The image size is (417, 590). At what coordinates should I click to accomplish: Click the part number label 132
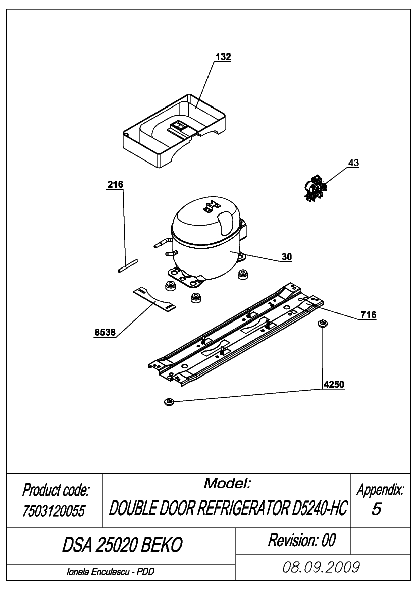tap(223, 57)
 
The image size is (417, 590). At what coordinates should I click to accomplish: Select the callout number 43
tap(353, 163)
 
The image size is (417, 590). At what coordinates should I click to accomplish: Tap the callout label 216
tap(115, 184)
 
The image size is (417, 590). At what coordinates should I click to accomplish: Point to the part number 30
tap(286, 257)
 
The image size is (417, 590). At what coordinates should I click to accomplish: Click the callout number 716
tap(368, 315)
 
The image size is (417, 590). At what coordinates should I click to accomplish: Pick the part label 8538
tap(105, 332)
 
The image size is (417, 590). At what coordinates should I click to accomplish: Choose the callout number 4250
tap(334, 384)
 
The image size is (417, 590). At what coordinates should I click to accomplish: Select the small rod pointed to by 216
tap(128, 265)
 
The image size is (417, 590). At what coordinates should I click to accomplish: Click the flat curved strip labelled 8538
tap(154, 299)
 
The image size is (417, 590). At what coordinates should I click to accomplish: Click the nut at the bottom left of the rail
tap(169, 401)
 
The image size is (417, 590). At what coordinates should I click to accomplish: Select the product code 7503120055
tap(54, 511)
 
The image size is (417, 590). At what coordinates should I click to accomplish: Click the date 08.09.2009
tap(321, 567)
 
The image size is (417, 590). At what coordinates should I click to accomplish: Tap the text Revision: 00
tap(301, 541)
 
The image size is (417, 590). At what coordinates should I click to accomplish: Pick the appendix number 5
tap(376, 509)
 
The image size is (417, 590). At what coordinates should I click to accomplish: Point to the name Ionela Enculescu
tap(98, 572)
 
